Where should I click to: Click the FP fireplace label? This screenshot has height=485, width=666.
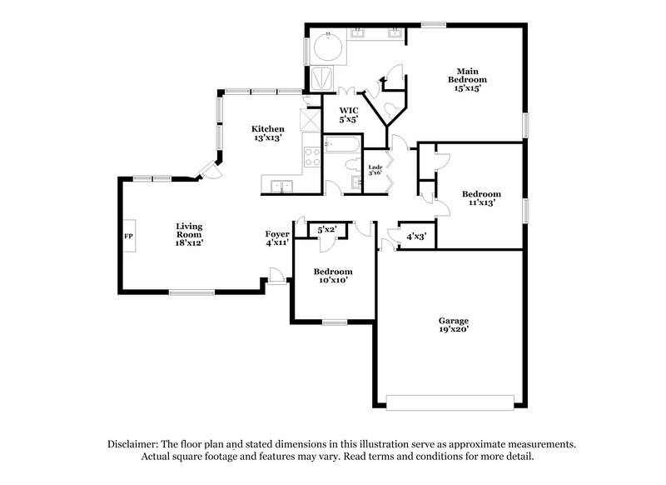point(128,236)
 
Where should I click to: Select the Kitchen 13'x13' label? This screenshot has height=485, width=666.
point(269,133)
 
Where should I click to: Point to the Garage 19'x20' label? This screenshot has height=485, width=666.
point(455,325)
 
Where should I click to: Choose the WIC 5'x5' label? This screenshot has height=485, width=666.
point(349,115)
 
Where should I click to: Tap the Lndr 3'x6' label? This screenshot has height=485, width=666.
point(375,171)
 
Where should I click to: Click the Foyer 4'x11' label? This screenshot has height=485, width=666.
point(277,239)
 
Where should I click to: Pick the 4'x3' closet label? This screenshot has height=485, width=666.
point(415,236)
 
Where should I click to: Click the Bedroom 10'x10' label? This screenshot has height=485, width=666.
point(332,276)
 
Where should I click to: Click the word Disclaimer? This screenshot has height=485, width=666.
point(135,444)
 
